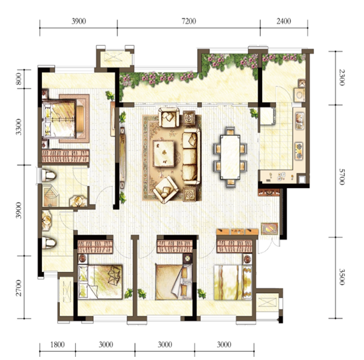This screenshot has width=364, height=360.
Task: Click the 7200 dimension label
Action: (189, 21)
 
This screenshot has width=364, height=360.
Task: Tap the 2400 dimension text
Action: (284, 21)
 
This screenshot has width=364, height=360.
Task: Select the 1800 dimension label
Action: (57, 345)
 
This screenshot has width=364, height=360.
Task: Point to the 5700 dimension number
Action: (342, 176)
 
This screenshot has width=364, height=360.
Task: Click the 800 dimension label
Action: (18, 79)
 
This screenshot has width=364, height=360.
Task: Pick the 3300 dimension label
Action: (18, 127)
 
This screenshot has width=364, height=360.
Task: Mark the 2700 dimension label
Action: (18, 288)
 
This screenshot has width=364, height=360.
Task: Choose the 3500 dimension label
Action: (342, 277)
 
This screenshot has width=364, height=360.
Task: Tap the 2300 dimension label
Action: (342, 77)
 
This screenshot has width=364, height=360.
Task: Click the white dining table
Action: (230, 157)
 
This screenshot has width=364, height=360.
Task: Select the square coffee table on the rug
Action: (164, 154)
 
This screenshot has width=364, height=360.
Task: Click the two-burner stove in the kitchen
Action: (299, 151)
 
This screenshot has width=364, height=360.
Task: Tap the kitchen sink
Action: (299, 121)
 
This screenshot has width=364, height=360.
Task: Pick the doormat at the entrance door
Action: (269, 229)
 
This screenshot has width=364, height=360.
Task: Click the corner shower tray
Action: (51, 196)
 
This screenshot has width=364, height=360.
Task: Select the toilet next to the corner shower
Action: (48, 175)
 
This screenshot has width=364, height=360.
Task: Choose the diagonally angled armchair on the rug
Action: (166, 189)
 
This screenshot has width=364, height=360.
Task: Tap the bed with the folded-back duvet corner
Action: (173, 282)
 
